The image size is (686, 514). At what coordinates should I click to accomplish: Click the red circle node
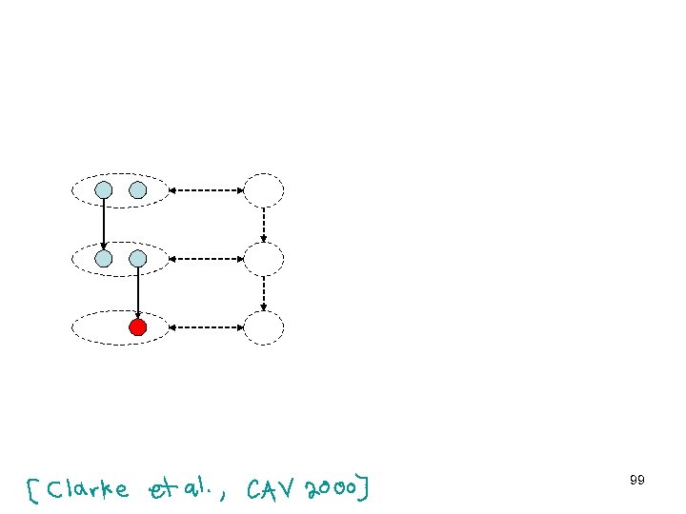point(138,327)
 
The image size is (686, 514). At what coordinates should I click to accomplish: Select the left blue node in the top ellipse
point(104,190)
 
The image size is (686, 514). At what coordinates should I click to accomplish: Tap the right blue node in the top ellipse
point(138,190)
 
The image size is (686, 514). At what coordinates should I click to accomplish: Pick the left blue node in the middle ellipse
point(104,258)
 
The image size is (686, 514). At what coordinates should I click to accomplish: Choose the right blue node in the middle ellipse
point(138,258)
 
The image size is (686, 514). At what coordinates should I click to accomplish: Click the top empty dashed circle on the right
point(264,190)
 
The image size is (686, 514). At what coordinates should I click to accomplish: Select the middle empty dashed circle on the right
point(264,258)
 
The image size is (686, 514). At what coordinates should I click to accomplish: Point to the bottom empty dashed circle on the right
point(264,327)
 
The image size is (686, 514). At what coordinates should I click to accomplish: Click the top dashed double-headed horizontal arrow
point(206,190)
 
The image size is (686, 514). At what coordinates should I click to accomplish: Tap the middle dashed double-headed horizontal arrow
point(206,258)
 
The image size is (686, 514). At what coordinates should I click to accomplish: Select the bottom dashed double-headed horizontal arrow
point(206,327)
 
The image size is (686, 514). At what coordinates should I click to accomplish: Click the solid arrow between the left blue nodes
point(104,225)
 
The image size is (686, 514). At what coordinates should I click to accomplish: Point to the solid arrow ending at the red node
point(138,292)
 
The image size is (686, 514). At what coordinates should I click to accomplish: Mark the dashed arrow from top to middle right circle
point(264,225)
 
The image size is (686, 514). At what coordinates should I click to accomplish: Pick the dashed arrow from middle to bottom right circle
point(264,293)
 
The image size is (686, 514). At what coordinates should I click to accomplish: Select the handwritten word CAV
point(272,489)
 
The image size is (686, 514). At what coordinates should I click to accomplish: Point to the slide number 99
point(637,481)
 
